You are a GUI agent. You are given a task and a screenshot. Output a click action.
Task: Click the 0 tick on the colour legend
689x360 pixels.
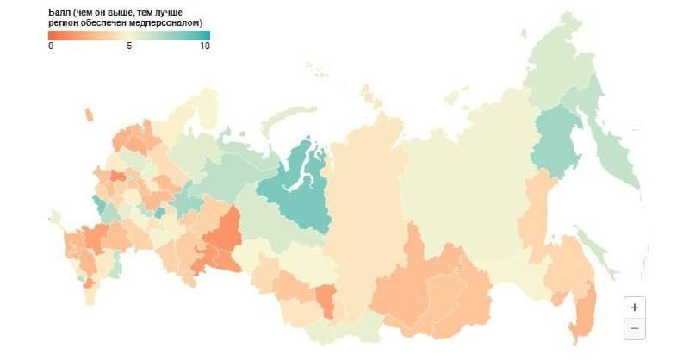[x=51, y=46]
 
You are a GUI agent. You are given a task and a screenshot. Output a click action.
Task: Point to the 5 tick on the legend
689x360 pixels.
[x=129, y=46]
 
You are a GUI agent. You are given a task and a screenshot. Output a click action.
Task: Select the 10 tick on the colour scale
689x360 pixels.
[x=205, y=46]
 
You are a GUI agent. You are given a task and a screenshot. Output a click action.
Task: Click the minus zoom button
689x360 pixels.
[x=634, y=328]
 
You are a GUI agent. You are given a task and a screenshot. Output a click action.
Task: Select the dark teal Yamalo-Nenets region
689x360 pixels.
[x=297, y=189]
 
